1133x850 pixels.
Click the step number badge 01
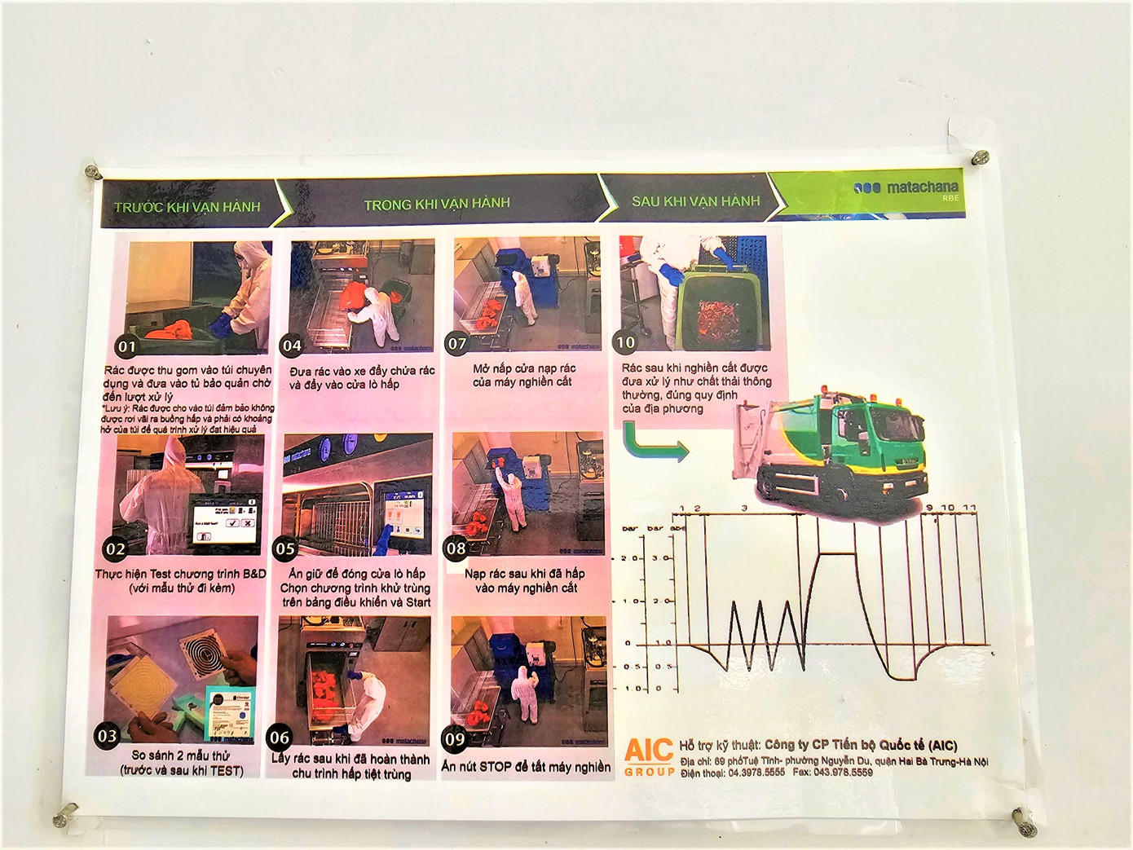(127, 346)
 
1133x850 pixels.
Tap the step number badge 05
(285, 548)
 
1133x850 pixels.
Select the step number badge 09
(455, 740)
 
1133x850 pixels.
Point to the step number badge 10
(625, 343)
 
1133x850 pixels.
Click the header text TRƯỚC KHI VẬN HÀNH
(187, 207)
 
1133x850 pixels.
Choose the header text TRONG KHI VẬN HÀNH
(437, 204)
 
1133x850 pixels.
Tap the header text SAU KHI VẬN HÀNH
(695, 201)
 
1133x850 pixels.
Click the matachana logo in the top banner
(906, 188)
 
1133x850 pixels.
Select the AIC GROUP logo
(649, 756)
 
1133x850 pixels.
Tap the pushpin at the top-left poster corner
(93, 172)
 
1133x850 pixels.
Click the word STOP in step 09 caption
(495, 767)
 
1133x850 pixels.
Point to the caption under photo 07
(522, 375)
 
